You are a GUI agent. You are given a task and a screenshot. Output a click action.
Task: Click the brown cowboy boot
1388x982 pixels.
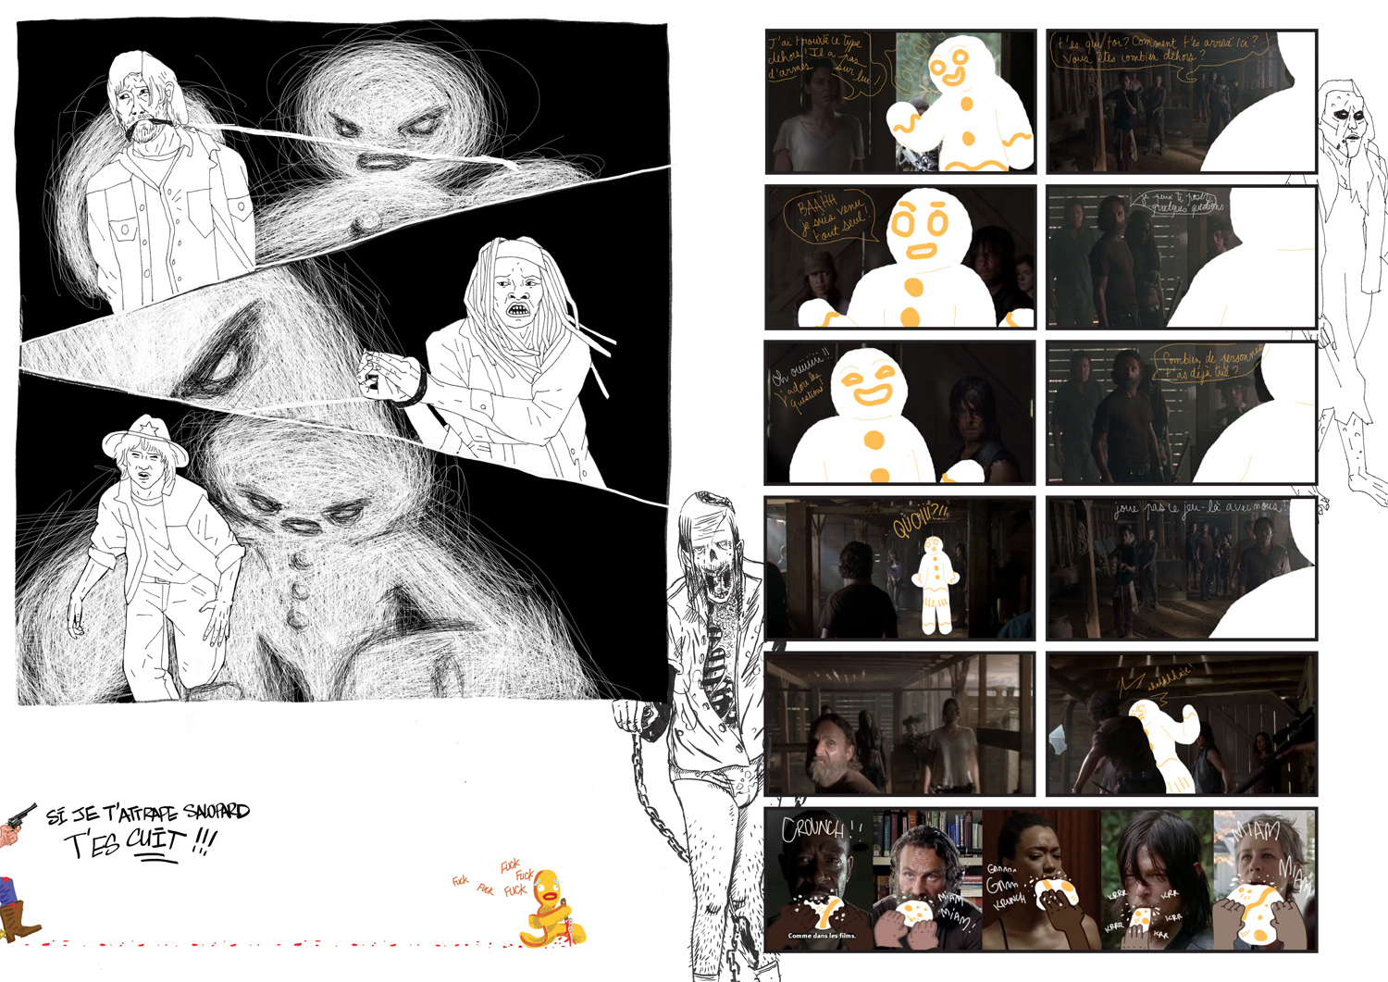[19, 919]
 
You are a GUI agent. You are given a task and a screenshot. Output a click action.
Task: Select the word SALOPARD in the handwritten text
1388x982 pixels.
[217, 812]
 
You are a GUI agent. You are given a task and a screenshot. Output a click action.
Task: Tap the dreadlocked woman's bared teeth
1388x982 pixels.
[516, 309]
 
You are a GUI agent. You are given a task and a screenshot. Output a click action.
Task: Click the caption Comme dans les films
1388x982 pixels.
[822, 936]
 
